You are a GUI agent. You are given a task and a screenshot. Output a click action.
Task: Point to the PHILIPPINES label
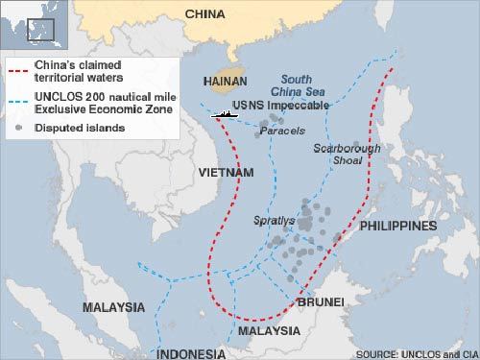[x=398, y=226]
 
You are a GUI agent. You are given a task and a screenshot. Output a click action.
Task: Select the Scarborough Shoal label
[x=347, y=155]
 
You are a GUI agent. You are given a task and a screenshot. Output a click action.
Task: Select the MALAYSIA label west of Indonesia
[x=112, y=307]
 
